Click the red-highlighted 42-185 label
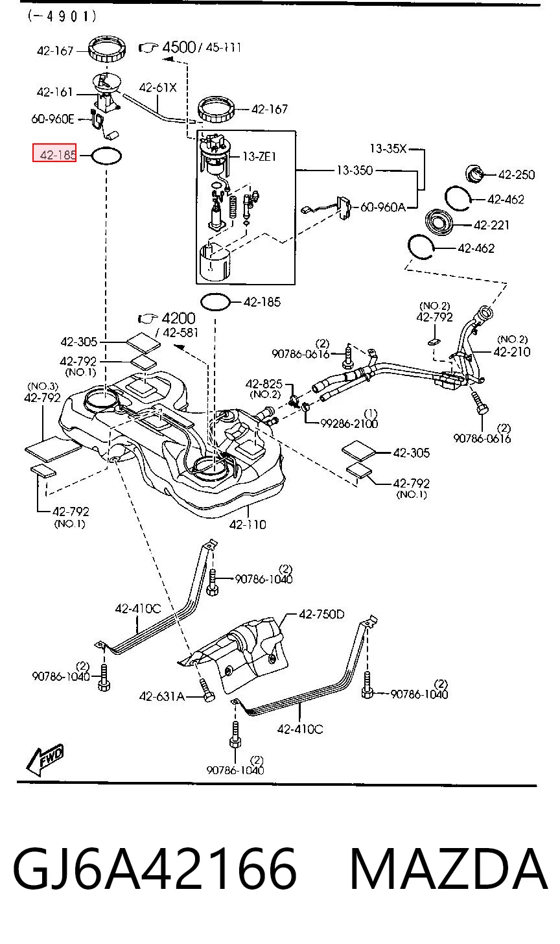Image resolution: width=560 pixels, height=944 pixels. point(54,152)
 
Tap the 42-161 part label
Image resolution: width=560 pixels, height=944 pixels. point(55,92)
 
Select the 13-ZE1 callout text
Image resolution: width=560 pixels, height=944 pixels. point(259,157)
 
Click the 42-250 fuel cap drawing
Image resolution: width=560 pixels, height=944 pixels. point(475,173)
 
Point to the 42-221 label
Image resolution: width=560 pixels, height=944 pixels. point(491,225)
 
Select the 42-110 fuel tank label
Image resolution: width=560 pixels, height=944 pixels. point(248,525)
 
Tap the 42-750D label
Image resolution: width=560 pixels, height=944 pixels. point(321,614)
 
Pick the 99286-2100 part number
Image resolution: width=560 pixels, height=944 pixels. point(349,423)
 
